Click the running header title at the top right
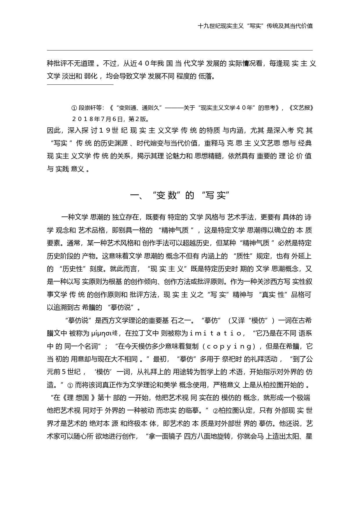[x=255, y=26]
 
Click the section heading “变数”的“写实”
[x=180, y=195]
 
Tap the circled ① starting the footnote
[x=74, y=108]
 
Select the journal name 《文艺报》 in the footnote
[x=302, y=108]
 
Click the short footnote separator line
[x=80, y=85]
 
